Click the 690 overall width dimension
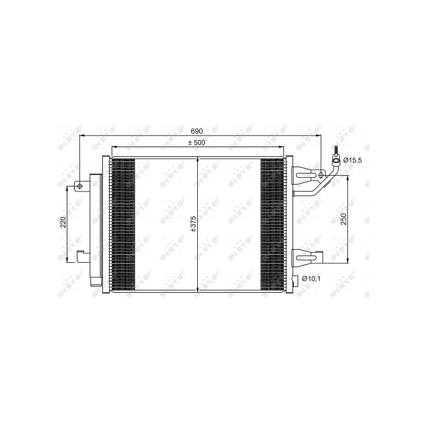[196, 131]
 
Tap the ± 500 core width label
[196, 142]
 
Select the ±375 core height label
[193, 224]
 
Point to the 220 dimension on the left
[63, 222]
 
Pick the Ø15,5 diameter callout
[352, 160]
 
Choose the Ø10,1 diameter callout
[311, 279]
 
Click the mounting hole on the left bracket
[80, 186]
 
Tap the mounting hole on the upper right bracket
[321, 176]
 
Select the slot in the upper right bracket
[305, 176]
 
